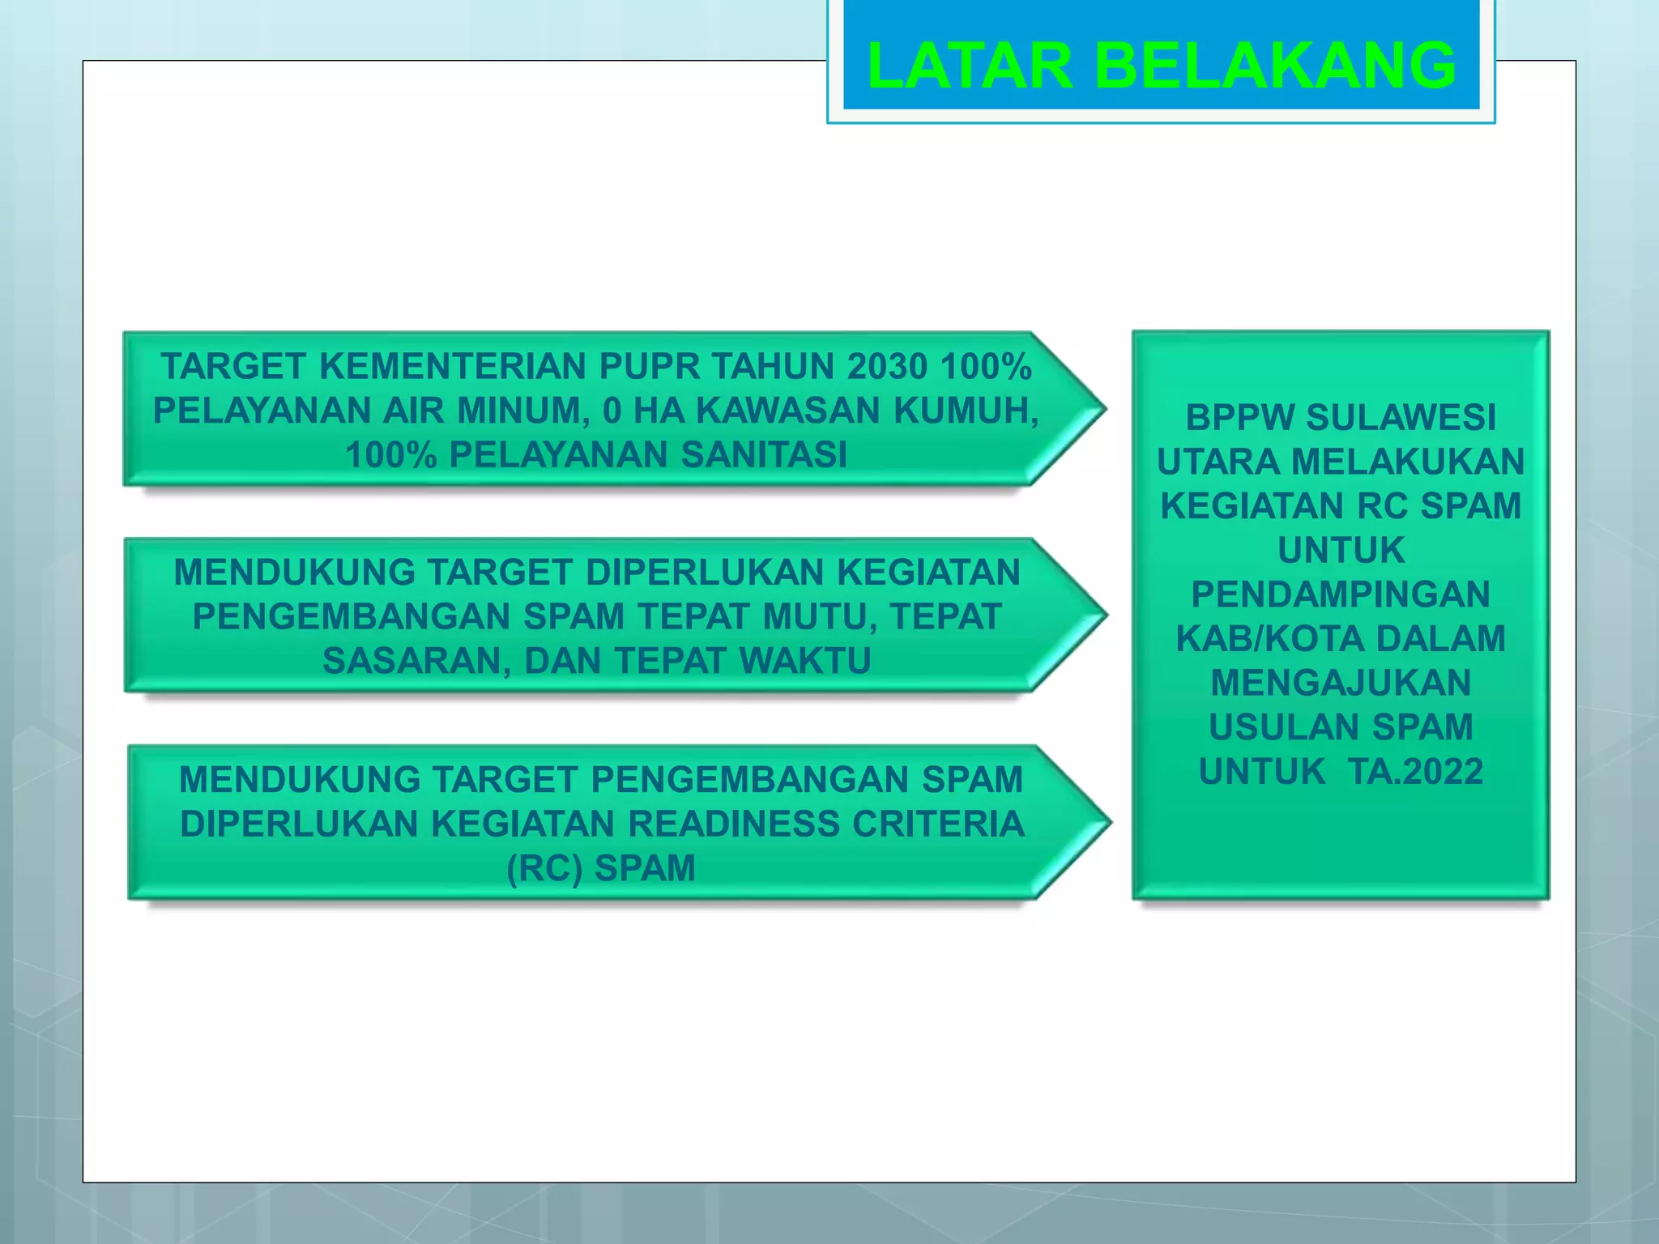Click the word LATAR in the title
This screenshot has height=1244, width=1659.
coord(970,66)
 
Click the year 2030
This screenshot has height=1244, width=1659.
coord(887,367)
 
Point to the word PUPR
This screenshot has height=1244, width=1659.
coord(650,367)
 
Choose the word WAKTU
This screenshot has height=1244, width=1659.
coord(805,662)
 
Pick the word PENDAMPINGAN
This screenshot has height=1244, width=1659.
coord(1341,594)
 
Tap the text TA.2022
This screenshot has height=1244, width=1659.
coord(1415,772)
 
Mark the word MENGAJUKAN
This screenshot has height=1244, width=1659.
coord(1341,683)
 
